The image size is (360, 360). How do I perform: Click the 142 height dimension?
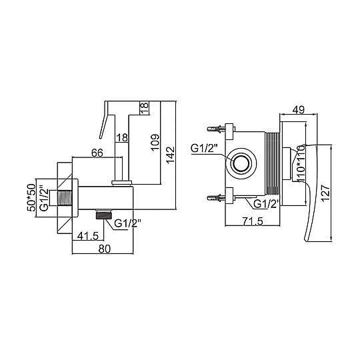click(171, 155)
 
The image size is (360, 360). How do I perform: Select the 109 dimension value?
click(155, 142)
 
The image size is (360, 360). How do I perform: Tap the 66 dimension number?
click(97, 153)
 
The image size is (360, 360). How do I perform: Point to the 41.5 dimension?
click(88, 236)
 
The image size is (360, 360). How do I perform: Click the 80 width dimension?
click(105, 249)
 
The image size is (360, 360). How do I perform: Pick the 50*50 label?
click(31, 197)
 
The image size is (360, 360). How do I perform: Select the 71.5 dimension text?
click(252, 221)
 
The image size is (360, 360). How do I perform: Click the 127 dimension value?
click(325, 193)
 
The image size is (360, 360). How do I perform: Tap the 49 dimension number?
click(298, 109)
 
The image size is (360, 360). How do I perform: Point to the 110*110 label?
click(301, 163)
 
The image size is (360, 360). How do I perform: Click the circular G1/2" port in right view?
click(241, 163)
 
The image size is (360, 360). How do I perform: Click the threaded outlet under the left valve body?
click(104, 214)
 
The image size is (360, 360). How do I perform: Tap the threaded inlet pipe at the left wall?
click(61, 197)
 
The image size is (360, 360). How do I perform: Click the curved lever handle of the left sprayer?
click(104, 120)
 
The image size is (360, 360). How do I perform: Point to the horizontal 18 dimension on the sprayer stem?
click(122, 138)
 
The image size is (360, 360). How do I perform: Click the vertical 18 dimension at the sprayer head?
click(145, 108)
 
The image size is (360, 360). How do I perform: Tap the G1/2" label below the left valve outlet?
click(127, 223)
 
